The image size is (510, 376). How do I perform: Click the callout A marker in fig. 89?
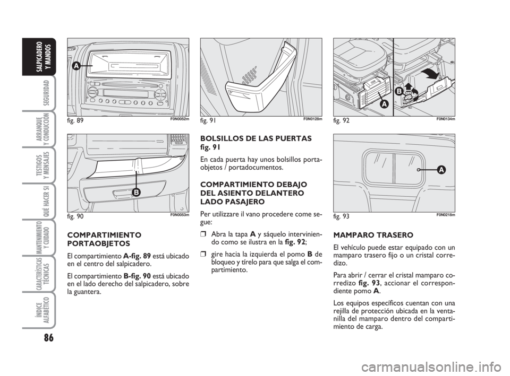click(x=76, y=66)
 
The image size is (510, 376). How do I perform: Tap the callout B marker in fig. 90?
click(x=136, y=193)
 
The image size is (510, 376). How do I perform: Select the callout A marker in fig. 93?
click(x=441, y=170)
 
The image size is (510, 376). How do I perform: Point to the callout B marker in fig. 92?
click(x=399, y=92)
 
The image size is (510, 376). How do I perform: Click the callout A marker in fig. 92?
click(x=384, y=104)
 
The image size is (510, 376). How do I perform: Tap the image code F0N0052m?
click(x=180, y=119)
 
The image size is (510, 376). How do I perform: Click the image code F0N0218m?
click(x=446, y=214)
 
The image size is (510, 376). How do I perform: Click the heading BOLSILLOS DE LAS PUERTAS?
click(x=256, y=138)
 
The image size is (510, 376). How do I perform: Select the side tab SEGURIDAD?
click(x=46, y=92)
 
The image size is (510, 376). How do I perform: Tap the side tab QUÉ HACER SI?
click(x=46, y=202)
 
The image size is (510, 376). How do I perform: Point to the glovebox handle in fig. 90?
click(x=123, y=195)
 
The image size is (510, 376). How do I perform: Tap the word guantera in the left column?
click(x=88, y=292)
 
